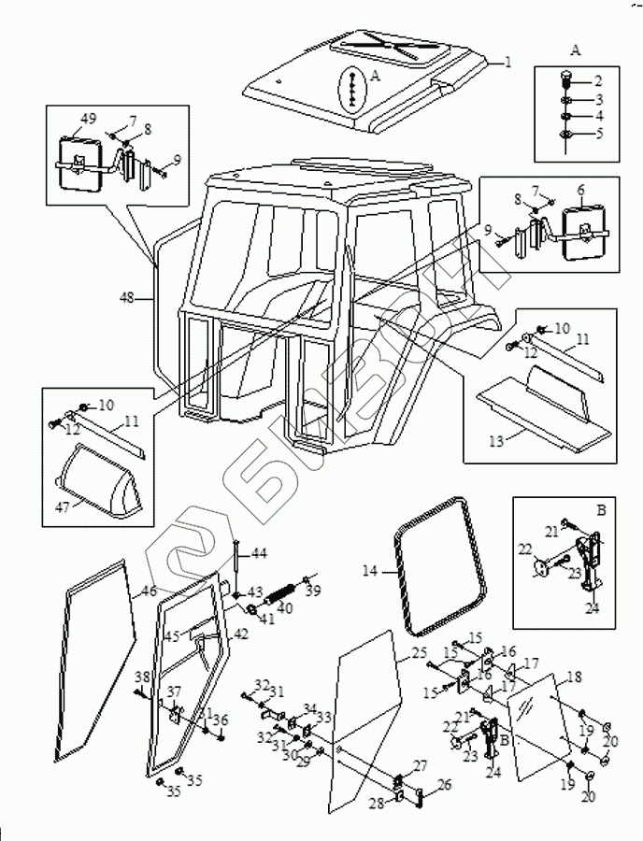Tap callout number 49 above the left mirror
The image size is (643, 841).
click(89, 119)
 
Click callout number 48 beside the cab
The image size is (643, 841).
click(127, 298)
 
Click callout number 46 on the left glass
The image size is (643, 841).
click(150, 592)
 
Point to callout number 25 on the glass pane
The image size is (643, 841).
click(419, 651)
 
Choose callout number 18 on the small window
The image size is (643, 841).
click(574, 676)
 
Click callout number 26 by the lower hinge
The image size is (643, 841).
click(444, 785)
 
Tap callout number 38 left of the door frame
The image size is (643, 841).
click(141, 677)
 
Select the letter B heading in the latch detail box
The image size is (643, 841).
click(576, 512)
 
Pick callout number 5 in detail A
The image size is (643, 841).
click(599, 134)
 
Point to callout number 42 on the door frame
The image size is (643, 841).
click(240, 633)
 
